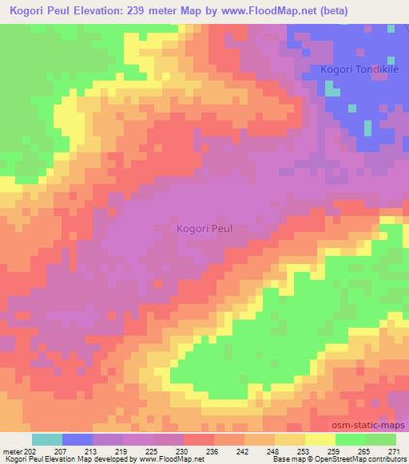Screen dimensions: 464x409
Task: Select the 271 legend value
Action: click(x=395, y=450)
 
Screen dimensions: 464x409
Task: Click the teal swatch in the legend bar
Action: click(x=46, y=439)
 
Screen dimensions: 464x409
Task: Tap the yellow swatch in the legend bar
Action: click(x=320, y=439)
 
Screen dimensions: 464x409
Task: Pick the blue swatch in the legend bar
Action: click(x=77, y=439)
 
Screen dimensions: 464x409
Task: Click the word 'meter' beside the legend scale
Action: click(x=14, y=450)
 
